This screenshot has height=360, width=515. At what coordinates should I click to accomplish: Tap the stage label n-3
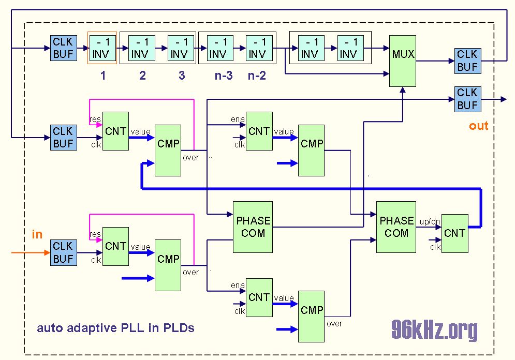(x=224, y=76)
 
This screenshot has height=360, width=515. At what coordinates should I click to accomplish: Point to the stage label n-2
(x=257, y=76)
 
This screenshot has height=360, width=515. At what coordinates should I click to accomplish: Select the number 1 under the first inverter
(x=103, y=76)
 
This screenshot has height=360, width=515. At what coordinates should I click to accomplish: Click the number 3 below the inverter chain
(x=182, y=76)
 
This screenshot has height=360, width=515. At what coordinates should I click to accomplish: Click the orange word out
(x=479, y=126)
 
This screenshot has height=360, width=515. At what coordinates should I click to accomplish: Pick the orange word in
(x=37, y=234)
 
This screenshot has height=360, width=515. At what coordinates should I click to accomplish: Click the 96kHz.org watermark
(x=434, y=329)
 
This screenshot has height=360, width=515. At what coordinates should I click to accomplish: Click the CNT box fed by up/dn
(x=455, y=233)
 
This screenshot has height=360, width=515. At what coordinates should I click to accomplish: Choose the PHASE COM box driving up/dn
(x=396, y=227)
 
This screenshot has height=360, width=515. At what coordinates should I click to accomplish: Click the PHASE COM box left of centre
(x=253, y=227)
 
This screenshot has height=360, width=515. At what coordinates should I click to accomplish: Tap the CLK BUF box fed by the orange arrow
(x=63, y=252)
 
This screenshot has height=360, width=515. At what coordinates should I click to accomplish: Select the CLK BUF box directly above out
(x=467, y=99)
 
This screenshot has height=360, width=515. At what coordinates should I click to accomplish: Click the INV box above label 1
(x=103, y=48)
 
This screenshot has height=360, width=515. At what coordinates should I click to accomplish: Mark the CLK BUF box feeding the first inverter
(x=63, y=48)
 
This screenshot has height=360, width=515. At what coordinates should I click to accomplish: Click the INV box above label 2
(x=140, y=48)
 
